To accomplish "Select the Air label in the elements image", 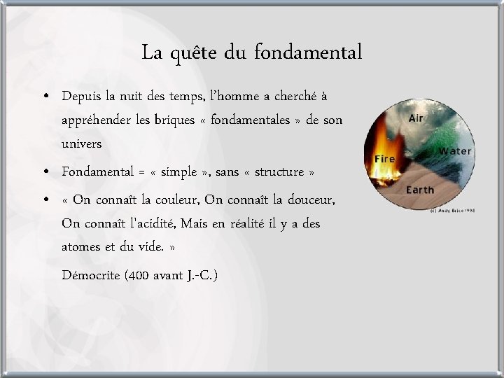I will (416, 118).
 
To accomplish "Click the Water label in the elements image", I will (456, 150).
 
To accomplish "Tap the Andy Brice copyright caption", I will (454, 210).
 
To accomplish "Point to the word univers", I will (82, 144).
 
